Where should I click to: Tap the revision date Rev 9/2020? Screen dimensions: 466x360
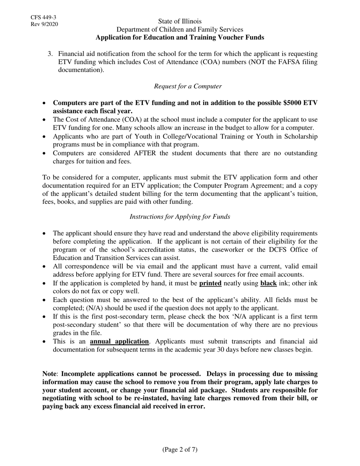pos(44,25)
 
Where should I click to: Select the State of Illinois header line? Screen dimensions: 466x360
pos(180,21)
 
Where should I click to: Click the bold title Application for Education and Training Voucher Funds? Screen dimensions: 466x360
pos(180,37)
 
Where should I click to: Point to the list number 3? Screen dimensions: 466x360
pos(50,54)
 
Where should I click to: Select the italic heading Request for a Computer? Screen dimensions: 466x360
pos(188,86)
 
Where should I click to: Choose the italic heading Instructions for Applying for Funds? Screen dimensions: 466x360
pos(180,217)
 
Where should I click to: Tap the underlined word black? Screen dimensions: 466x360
pos(268,283)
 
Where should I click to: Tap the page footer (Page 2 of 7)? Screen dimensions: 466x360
pos(180,450)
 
